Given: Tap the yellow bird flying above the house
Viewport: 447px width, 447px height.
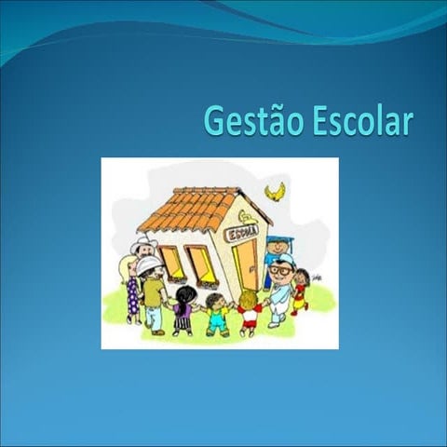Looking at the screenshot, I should [x=275, y=192].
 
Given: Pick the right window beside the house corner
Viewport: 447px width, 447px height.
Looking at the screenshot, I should [x=201, y=264].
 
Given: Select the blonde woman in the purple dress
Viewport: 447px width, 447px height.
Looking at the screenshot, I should [x=131, y=289].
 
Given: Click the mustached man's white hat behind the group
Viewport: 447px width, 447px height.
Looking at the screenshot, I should [x=143, y=244].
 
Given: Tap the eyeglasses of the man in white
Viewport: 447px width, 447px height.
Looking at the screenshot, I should [x=278, y=270].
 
